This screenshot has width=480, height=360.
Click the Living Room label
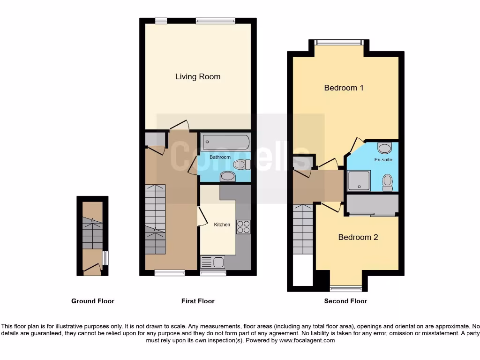(197, 76)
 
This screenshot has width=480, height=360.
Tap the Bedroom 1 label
(344, 88)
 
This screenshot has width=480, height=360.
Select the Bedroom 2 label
(358, 237)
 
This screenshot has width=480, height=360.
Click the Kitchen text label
(222, 225)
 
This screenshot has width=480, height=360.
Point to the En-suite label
(383, 160)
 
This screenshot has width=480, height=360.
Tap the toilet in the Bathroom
(240, 164)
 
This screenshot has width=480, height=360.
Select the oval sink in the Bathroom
(228, 176)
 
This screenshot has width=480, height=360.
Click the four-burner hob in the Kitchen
(243, 227)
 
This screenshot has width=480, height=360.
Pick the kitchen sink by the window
(213, 262)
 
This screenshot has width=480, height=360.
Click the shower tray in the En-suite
(359, 180)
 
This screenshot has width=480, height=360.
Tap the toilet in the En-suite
(387, 182)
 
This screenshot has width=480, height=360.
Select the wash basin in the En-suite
(385, 149)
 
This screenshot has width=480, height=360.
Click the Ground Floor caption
(92, 301)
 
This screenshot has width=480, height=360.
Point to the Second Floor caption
(345, 301)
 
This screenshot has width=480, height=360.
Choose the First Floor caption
(198, 301)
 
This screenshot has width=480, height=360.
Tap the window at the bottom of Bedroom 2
(345, 288)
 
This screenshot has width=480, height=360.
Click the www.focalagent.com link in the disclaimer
(307, 340)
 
